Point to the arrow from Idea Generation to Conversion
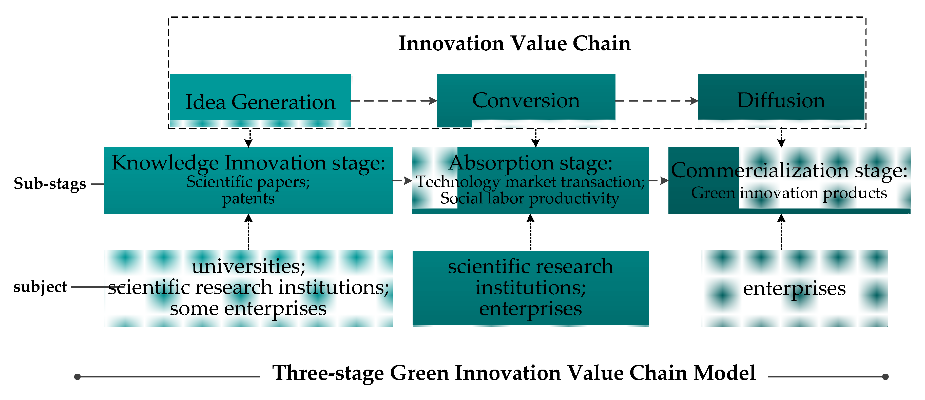[x=394, y=101]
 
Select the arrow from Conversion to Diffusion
[x=657, y=101]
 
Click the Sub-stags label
[x=50, y=183]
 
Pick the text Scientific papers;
[x=248, y=182]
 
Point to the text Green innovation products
[x=789, y=193]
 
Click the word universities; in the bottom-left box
[x=248, y=266]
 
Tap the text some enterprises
[x=248, y=309]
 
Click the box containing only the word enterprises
[x=794, y=288]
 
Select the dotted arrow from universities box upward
[x=248, y=232]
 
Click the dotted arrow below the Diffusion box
[x=781, y=137]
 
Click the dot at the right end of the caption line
[x=885, y=377]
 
